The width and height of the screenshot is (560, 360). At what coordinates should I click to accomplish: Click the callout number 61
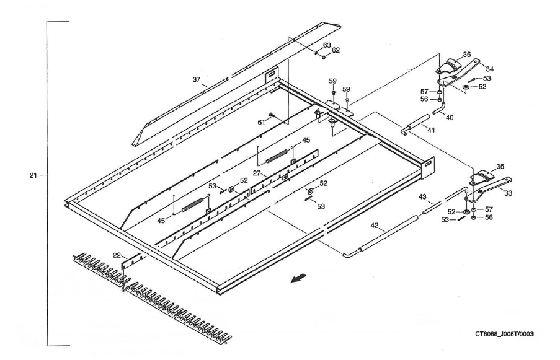(261, 123)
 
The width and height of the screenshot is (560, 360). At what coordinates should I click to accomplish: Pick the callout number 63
(327, 44)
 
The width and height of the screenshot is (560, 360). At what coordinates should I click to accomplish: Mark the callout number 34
(489, 69)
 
